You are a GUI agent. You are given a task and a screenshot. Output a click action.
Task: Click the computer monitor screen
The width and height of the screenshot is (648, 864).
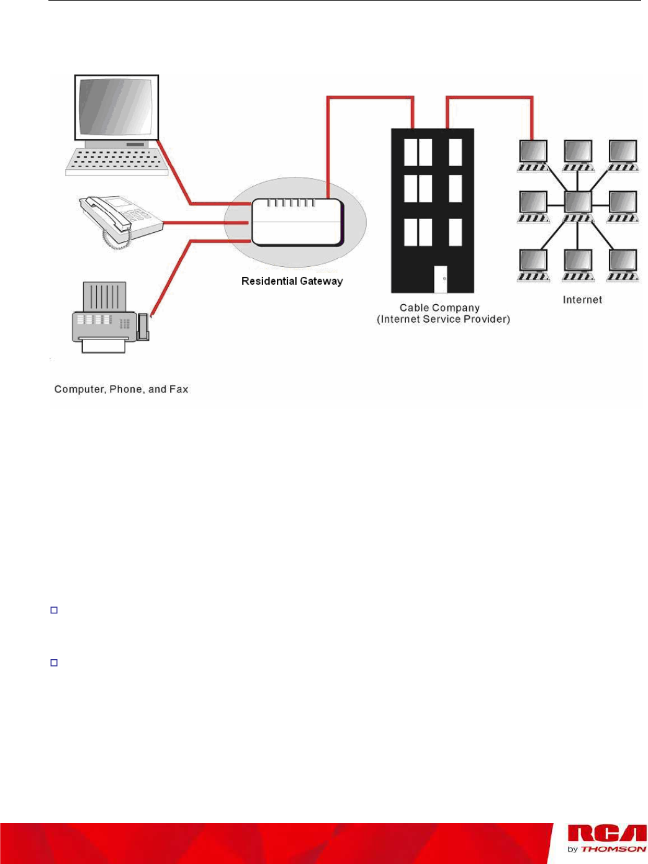point(116,107)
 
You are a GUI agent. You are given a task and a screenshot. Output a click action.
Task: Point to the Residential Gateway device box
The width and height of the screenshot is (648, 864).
point(297,222)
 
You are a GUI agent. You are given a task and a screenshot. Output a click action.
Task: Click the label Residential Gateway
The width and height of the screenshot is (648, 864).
point(292,281)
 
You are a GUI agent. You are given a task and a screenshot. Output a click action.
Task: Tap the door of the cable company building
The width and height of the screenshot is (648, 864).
point(441,279)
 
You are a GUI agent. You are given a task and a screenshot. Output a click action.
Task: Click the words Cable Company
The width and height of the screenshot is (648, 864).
point(439,308)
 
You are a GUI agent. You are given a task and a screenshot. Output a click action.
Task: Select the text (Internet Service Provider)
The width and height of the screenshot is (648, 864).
point(443,319)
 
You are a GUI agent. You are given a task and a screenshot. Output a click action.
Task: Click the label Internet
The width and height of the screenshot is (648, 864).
point(582,300)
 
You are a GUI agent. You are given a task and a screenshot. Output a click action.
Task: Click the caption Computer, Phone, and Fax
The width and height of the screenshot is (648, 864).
point(121,389)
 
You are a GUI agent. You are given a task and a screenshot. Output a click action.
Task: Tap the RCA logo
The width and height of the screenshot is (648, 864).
point(606,834)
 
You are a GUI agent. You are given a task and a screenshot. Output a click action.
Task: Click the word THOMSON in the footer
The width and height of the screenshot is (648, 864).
point(613,849)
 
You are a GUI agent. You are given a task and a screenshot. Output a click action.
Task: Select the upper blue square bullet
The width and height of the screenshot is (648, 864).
point(54,610)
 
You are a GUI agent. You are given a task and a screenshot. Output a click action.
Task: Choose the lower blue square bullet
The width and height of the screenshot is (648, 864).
point(54,663)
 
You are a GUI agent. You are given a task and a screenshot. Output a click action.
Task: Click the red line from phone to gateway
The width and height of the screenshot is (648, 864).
point(205,222)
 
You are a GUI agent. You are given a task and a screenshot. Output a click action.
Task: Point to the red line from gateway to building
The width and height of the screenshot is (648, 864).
point(370,97)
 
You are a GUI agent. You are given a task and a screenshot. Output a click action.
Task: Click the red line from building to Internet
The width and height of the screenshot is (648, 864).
point(490,97)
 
